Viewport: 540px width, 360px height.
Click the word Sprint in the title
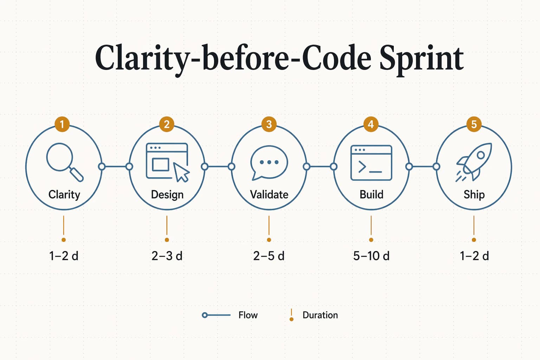(421, 58)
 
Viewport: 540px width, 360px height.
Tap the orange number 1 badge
(62, 124)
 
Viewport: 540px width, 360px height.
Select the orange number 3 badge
(269, 124)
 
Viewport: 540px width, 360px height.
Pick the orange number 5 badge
(474, 124)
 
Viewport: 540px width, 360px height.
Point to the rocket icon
(475, 161)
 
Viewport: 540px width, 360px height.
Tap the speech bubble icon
(269, 162)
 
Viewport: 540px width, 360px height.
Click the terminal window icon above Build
(371, 162)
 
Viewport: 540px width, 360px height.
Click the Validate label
(269, 194)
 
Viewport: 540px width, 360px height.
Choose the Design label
(167, 194)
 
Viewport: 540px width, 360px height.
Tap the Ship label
(474, 194)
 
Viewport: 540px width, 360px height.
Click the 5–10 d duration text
(371, 256)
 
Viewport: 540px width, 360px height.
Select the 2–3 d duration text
(167, 256)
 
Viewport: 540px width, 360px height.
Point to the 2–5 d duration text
(269, 256)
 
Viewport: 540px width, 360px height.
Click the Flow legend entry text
(248, 315)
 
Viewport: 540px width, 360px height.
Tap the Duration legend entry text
(320, 315)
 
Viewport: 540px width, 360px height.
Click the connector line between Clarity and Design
(115, 166)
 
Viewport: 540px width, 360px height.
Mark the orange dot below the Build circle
(371, 240)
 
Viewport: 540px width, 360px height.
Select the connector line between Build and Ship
(423, 166)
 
